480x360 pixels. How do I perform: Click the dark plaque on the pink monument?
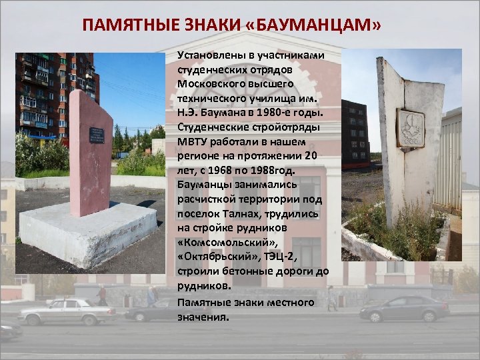point(97,135)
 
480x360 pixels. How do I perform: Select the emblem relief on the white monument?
point(411,128)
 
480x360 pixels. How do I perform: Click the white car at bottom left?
point(66,311)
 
